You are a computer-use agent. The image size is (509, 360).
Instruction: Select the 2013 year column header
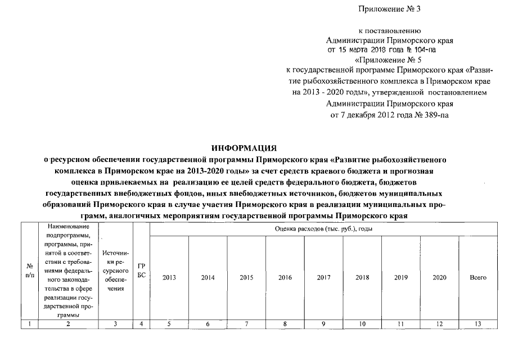[168, 278]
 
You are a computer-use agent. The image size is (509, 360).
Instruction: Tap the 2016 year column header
[285, 278]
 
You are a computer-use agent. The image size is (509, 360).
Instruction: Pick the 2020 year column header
[439, 278]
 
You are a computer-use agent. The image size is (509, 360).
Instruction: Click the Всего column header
[478, 278]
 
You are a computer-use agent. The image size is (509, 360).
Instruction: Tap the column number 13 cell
[478, 323]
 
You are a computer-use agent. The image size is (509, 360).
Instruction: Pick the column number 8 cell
[285, 323]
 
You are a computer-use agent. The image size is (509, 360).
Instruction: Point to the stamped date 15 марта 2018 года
[373, 49]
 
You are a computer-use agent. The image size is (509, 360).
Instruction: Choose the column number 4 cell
[141, 323]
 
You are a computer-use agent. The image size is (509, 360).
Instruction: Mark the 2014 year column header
[208, 278]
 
